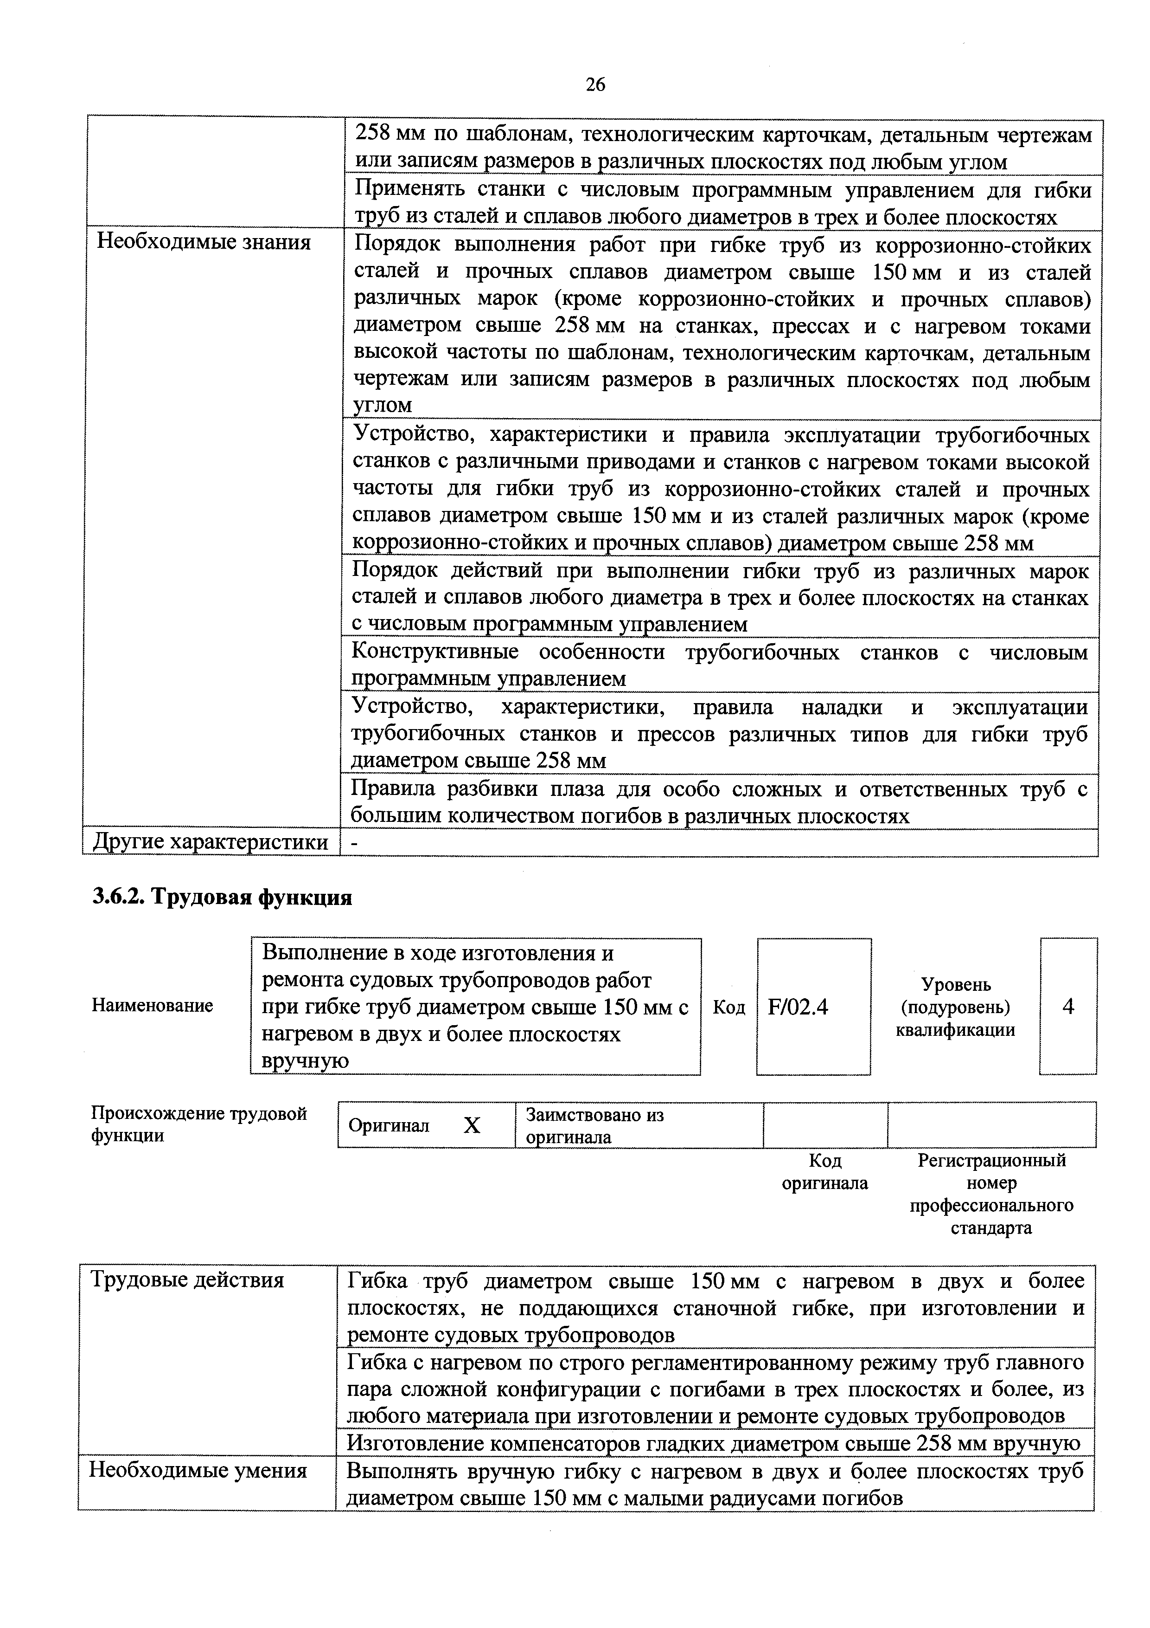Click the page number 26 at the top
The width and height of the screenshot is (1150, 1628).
[x=595, y=85]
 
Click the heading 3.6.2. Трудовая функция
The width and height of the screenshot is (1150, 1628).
[x=222, y=897]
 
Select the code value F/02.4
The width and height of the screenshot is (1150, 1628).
[x=798, y=1007]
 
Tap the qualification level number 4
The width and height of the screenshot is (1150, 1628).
[x=1068, y=1006]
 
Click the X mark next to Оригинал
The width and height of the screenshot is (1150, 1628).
[x=472, y=1125]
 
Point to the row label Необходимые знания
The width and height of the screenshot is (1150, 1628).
[x=204, y=243]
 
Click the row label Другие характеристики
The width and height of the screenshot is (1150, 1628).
[x=211, y=842]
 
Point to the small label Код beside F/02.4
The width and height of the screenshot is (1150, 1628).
[x=728, y=1007]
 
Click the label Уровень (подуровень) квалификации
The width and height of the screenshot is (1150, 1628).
[x=955, y=1007]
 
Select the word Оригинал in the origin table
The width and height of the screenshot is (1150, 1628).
[x=389, y=1126]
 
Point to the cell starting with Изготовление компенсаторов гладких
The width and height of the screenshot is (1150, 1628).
[x=713, y=1444]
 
